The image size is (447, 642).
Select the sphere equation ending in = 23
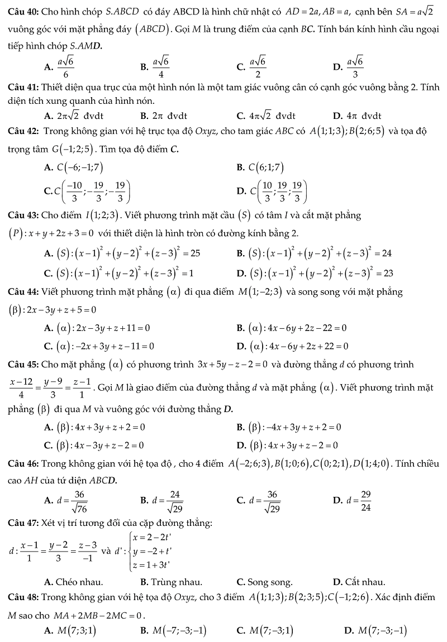tap(318, 273)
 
